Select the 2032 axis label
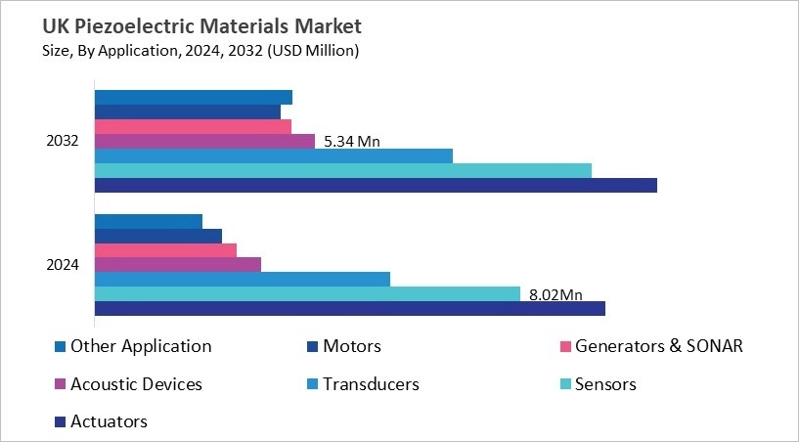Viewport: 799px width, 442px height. (x=63, y=141)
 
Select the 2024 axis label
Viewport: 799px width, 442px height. (x=63, y=265)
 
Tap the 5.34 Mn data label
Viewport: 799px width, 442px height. (x=351, y=141)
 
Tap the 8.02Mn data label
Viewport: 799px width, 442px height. (x=555, y=293)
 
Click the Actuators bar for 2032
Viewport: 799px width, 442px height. (x=375, y=185)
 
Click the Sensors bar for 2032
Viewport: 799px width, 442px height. (x=342, y=170)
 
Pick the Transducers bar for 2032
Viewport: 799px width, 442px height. (x=273, y=155)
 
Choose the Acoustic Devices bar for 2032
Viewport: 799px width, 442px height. (x=204, y=141)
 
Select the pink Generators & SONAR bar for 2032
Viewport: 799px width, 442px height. (x=193, y=126)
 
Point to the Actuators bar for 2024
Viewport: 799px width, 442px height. (x=349, y=308)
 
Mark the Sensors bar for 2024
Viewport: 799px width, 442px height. (x=306, y=293)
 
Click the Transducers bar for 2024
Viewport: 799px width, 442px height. (x=242, y=279)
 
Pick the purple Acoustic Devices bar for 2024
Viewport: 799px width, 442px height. (x=177, y=264)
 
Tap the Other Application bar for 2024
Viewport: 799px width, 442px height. (x=148, y=221)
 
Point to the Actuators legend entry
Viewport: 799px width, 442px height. (x=109, y=421)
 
